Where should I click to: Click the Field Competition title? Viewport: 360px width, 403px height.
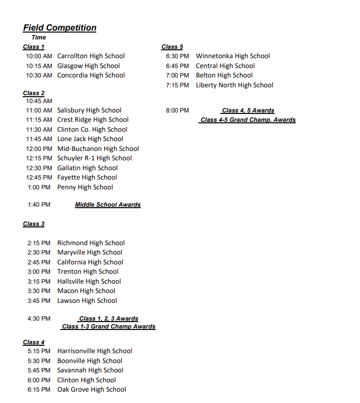point(60,28)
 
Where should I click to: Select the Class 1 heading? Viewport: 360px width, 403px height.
point(34,47)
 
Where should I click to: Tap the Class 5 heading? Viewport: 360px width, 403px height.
point(172,47)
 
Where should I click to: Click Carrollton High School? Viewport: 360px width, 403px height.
point(91,56)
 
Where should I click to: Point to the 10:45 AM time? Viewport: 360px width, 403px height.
point(39,101)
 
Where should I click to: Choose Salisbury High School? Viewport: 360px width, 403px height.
point(89,110)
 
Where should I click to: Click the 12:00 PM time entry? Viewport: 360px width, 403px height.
point(39,148)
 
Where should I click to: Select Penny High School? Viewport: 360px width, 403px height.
point(85,187)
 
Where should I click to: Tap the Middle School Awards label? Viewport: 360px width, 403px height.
point(108,205)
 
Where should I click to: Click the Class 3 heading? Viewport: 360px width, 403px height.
point(34,224)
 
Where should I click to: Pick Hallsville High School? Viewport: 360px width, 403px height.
point(89,281)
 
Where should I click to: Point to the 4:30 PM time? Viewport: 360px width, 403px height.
point(39,319)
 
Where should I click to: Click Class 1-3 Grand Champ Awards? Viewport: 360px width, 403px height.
point(109,327)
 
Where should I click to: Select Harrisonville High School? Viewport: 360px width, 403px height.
point(95,351)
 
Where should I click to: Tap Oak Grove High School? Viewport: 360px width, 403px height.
point(91,390)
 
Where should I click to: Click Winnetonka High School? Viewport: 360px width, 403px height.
point(233,56)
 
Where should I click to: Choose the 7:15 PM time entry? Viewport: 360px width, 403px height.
point(177,85)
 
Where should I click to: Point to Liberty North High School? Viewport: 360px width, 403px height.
point(235,85)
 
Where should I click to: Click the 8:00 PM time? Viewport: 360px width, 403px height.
point(177,110)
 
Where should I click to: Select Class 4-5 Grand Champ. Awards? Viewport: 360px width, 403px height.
point(248,120)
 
